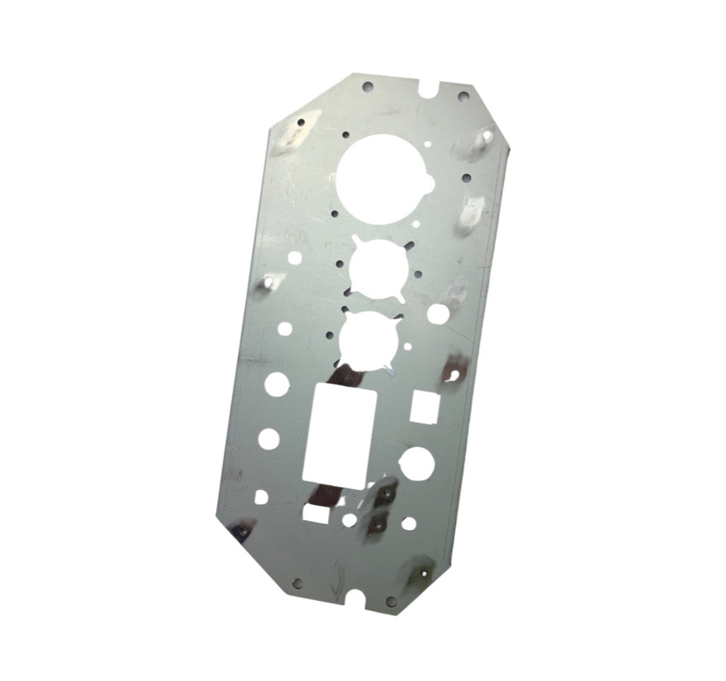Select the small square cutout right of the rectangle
[x=425, y=407]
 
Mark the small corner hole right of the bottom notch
[x=389, y=599]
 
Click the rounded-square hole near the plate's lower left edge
[x=261, y=496]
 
